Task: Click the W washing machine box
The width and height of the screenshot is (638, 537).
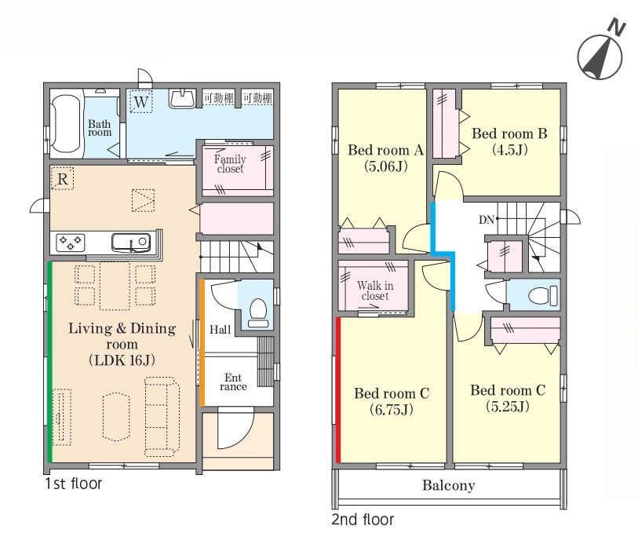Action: coord(141,101)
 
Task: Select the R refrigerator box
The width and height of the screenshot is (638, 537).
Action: coord(63,179)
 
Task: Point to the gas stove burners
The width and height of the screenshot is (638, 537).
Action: coord(71,243)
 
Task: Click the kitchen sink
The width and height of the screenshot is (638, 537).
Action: coord(131,243)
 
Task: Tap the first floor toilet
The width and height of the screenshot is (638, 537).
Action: coord(257,312)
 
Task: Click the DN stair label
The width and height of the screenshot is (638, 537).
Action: coord(487,220)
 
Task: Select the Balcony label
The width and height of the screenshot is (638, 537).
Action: coord(449,485)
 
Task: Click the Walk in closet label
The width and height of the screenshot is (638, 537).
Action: coord(375,290)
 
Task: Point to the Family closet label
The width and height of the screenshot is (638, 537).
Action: coord(230,163)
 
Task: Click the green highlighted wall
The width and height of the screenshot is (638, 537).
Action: coord(50,361)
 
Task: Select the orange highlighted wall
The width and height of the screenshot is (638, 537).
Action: coord(202,343)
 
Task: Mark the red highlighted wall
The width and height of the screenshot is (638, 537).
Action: coord(338,390)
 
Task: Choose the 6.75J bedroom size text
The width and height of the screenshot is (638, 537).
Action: coord(392,409)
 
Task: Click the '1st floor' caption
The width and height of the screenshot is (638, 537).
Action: coord(73,484)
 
